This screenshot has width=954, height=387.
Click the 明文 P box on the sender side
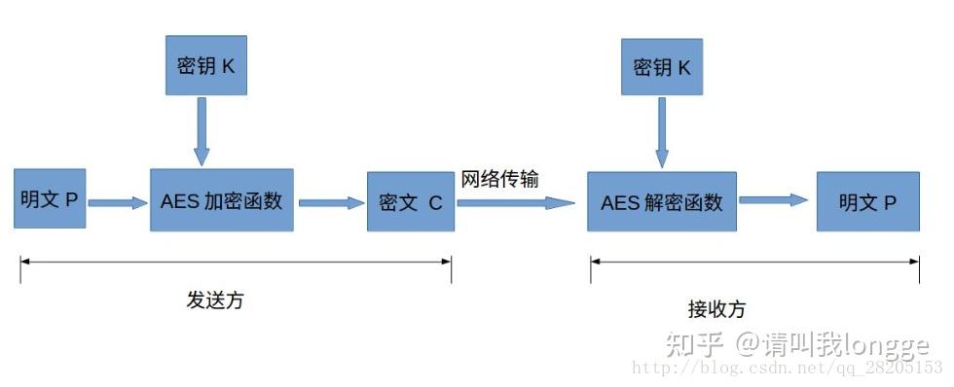coord(50,199)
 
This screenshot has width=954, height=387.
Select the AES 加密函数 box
coord(221,200)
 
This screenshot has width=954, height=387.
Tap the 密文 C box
coord(410,202)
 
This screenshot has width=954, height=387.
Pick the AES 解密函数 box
coord(661,202)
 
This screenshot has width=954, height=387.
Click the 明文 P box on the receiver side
coord(867,202)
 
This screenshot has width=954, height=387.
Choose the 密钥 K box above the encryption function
coord(206,67)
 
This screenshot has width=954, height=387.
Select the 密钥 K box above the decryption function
coord(661,67)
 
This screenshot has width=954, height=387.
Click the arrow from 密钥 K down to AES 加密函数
coord(202,129)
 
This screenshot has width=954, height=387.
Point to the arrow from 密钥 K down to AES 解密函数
coord(661,131)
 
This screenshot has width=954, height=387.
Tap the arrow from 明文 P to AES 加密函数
coord(117,202)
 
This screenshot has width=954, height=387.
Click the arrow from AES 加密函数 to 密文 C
coord(330,203)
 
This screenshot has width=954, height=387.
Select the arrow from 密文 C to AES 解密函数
coord(516,203)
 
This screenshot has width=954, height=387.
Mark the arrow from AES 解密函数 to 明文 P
coord(774,200)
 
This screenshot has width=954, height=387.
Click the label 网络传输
coord(500,180)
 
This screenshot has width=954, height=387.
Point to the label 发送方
coord(215,300)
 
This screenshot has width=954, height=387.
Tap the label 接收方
coord(716,309)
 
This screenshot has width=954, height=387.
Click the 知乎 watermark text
coord(693,343)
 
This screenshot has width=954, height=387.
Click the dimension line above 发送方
coord(236,261)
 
